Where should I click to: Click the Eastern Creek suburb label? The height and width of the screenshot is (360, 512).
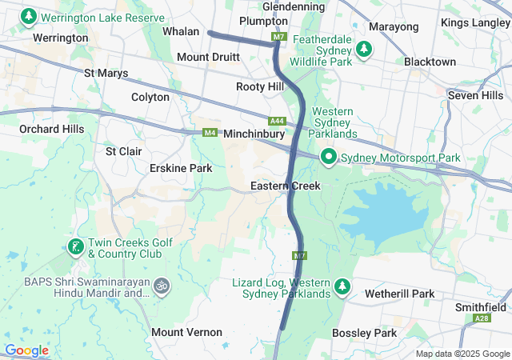click(x=285, y=186)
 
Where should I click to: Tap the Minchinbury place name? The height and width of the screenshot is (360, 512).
click(x=254, y=134)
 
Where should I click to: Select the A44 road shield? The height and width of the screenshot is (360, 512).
click(x=277, y=121)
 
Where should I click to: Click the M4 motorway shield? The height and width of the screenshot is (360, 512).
click(x=210, y=132)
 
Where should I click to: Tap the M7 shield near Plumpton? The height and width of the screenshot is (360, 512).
click(x=278, y=37)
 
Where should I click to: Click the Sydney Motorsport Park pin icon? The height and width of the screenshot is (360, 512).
click(x=328, y=157)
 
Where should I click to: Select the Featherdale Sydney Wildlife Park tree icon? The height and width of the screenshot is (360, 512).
click(x=365, y=50)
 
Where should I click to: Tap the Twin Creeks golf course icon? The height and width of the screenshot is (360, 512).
click(x=74, y=246)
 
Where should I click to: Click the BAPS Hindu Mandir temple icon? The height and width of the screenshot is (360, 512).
click(x=162, y=286)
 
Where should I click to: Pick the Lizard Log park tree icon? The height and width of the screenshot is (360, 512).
click(x=342, y=286)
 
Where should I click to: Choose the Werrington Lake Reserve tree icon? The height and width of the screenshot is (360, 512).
click(x=30, y=16)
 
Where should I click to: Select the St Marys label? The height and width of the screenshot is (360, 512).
click(x=106, y=74)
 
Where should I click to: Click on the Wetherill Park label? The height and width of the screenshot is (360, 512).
click(x=399, y=294)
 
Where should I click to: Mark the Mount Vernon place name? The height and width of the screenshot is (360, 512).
click(x=186, y=332)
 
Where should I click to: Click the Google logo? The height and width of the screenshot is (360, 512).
click(x=26, y=350)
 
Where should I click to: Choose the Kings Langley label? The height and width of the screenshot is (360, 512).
click(x=475, y=23)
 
